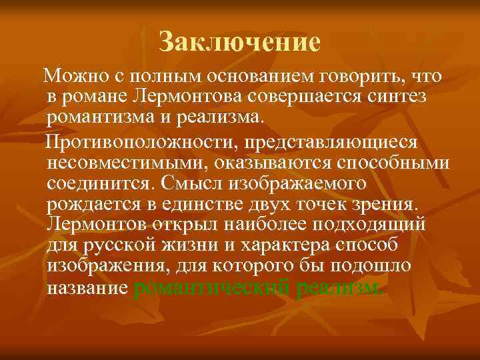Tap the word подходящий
point(357,223)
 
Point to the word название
point(87,288)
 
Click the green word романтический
point(212,288)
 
